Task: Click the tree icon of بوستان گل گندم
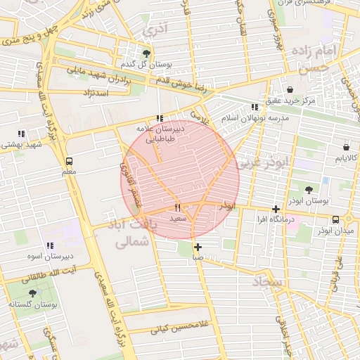(146, 53)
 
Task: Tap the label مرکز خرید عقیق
(307, 101)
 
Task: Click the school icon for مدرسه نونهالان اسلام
(255, 108)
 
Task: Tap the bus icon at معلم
(68, 160)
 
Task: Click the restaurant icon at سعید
(177, 207)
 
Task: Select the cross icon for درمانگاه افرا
(276, 209)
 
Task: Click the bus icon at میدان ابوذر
(336, 219)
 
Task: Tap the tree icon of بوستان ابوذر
(309, 189)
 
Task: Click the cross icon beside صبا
(198, 247)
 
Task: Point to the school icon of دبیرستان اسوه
(49, 245)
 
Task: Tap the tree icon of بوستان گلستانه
(32, 292)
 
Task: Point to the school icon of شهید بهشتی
(21, 134)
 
